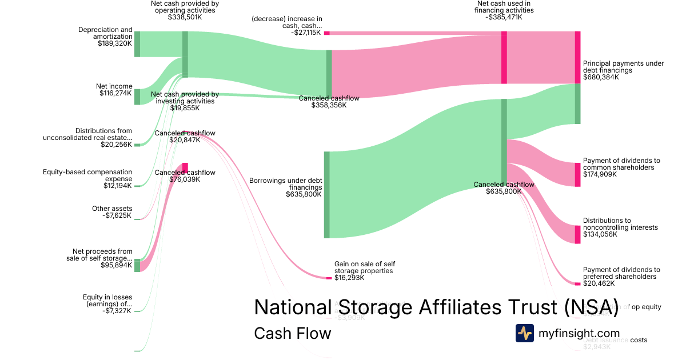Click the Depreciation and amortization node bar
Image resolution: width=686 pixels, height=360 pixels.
[x=137, y=45]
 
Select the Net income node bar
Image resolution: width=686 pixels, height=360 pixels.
[x=137, y=97]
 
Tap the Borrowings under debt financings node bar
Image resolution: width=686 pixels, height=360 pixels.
[x=327, y=195]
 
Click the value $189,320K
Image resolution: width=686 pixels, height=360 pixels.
[x=115, y=43]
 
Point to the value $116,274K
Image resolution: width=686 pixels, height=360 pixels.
[x=115, y=93]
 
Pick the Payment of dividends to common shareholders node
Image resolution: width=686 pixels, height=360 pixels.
[x=577, y=174]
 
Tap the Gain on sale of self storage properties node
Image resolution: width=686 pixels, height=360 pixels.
[x=329, y=278]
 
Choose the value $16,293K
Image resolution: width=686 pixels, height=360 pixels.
[x=349, y=278]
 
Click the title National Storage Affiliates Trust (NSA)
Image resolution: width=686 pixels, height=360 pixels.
[x=436, y=307]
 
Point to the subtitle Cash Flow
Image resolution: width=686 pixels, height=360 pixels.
[x=292, y=333]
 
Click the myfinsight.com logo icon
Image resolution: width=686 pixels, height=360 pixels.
[x=524, y=333]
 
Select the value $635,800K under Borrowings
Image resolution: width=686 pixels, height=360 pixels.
[x=304, y=194]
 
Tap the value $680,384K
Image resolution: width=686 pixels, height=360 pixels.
[x=601, y=77]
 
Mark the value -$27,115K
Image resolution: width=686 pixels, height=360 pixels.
[x=306, y=33]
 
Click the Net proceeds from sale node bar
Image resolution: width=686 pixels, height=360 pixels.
[x=137, y=265]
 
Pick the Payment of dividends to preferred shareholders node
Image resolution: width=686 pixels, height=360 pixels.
[x=577, y=283]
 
